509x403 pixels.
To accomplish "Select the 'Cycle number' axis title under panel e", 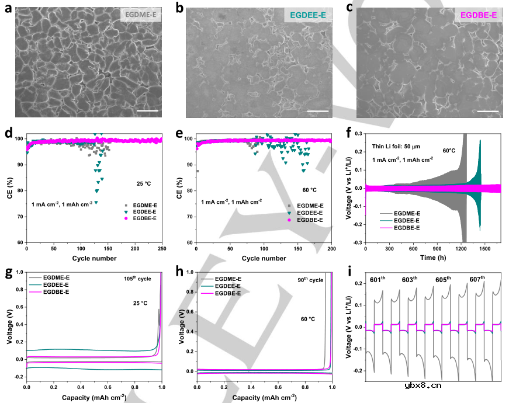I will [264, 258].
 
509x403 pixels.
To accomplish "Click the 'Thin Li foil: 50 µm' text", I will [396, 148].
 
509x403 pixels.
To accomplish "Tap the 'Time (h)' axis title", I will [433, 258].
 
